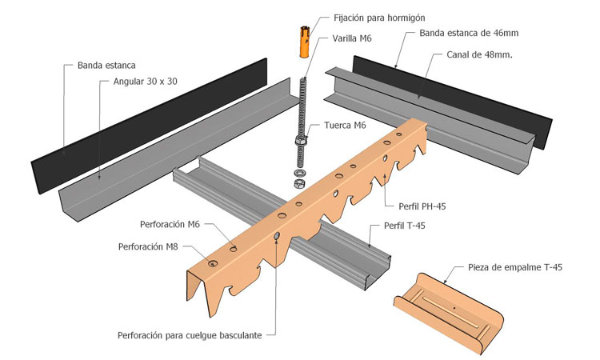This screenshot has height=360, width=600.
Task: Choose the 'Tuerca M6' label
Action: pyautogui.click(x=346, y=126)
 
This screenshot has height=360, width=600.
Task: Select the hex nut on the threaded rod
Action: pyautogui.click(x=300, y=142)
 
